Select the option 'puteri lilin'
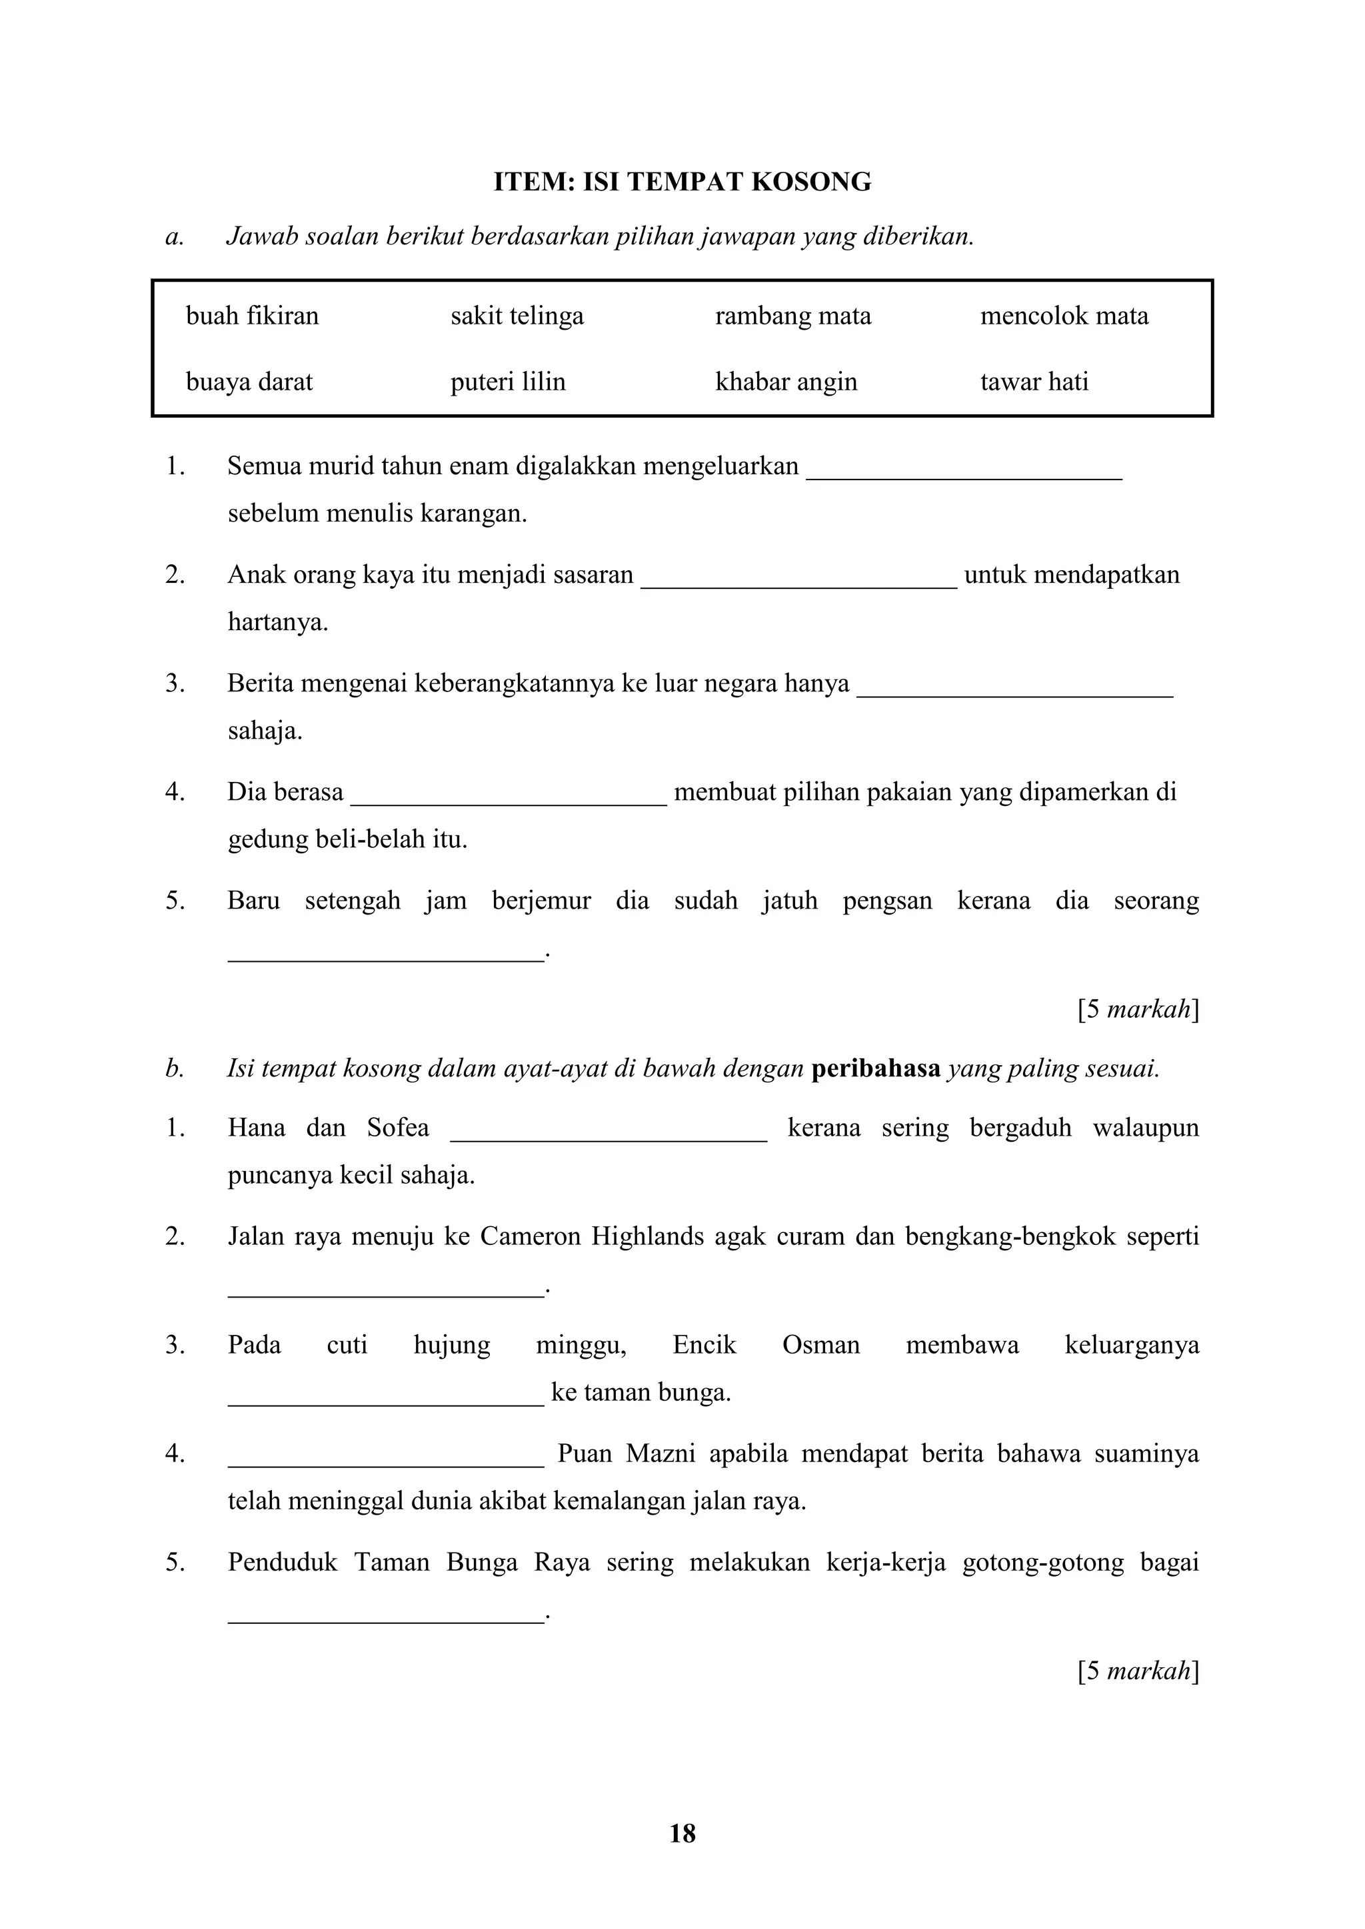click(508, 382)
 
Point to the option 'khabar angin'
click(786, 382)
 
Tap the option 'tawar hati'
click(1034, 382)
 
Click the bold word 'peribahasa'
click(875, 1068)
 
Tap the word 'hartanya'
click(277, 623)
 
